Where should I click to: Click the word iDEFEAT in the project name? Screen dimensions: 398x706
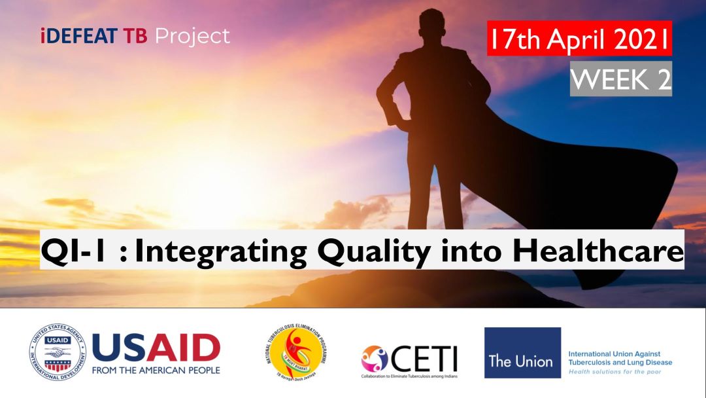point(79,36)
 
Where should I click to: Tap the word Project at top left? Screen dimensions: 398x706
point(192,36)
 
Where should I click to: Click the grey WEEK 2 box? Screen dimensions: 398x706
point(620,79)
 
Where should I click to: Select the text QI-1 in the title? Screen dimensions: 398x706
point(69,251)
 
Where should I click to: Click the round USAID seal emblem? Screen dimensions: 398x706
point(57,353)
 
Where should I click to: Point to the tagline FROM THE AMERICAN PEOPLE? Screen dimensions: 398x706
point(156,370)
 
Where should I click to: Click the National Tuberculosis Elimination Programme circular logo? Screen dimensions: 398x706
point(297,353)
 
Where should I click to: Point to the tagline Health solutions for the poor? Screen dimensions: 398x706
point(614,371)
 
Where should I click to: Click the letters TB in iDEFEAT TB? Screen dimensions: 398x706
point(136,36)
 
